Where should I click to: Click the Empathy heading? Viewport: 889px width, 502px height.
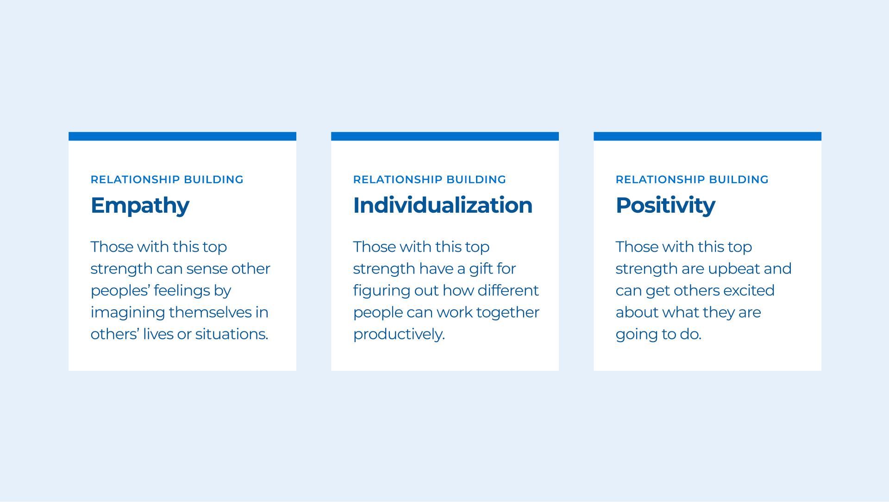tap(140, 206)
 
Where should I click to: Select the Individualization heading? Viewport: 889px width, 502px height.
tap(443, 205)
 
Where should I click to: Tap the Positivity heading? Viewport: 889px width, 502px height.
tap(665, 206)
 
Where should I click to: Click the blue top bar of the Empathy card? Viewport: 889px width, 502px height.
tap(182, 136)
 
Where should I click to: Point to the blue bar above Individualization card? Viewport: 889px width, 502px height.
tap(445, 136)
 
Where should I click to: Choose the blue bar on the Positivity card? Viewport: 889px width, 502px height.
tap(707, 136)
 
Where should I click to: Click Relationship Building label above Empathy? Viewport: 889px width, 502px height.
tap(167, 180)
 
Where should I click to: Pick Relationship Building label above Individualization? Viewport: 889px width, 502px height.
tap(430, 180)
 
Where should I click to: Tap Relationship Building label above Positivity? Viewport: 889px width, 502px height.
tap(692, 180)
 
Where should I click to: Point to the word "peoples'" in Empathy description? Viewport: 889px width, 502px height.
tap(120, 291)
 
